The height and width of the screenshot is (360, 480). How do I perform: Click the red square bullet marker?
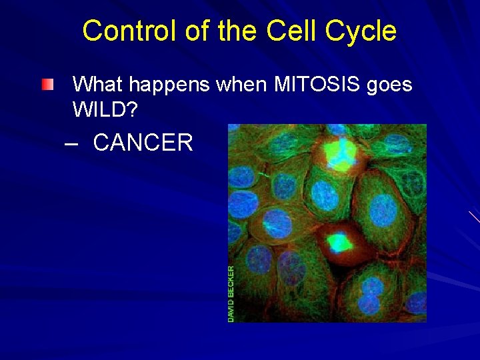point(46,85)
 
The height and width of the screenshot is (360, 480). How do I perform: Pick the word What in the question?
point(99,85)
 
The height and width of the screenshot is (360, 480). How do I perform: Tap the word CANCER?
point(143,143)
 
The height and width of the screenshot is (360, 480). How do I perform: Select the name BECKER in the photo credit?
point(231,281)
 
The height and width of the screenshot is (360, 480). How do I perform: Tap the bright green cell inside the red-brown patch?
point(339,240)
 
